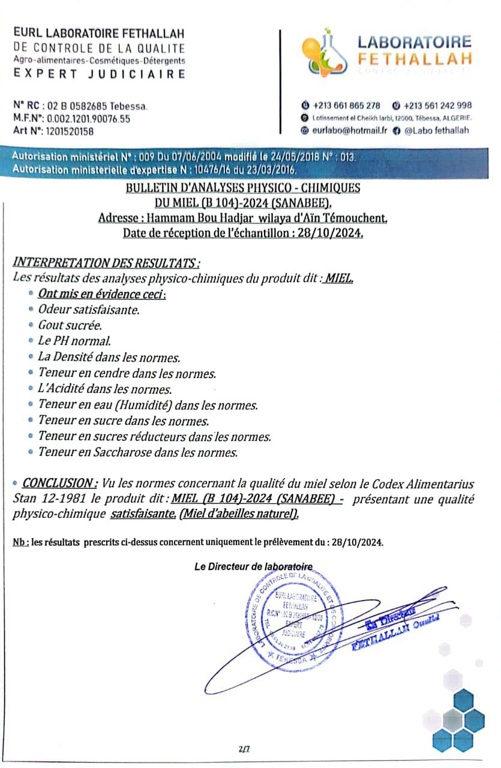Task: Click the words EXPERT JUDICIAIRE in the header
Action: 99,74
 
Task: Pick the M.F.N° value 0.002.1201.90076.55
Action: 92,119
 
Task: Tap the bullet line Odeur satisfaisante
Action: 89,310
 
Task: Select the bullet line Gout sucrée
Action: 70,326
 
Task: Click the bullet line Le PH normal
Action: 74,341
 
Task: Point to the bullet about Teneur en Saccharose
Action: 138,452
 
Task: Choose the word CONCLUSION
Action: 59,484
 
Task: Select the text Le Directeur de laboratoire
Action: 253,566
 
